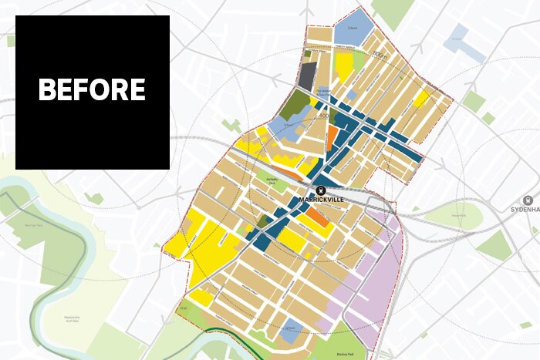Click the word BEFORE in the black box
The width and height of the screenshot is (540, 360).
92,90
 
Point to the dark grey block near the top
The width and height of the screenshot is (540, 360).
307,76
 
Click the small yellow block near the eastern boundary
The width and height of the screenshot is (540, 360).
421,99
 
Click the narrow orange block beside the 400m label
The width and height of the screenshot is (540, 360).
331,136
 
